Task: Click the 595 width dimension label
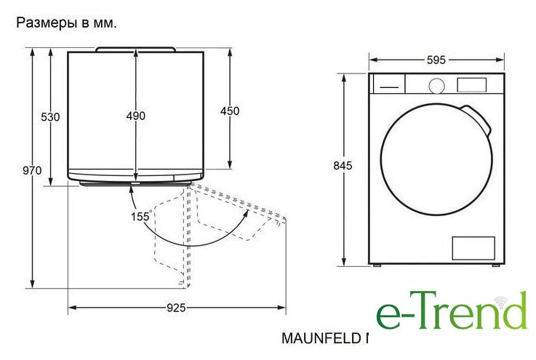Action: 436,60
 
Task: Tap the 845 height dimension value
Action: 343,166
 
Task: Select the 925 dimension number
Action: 176,308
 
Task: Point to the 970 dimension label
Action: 32,170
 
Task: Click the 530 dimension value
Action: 50,117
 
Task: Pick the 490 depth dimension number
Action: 136,116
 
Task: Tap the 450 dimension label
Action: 230,111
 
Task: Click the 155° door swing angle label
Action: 141,216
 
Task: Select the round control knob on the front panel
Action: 436,86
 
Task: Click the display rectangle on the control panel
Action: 471,85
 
